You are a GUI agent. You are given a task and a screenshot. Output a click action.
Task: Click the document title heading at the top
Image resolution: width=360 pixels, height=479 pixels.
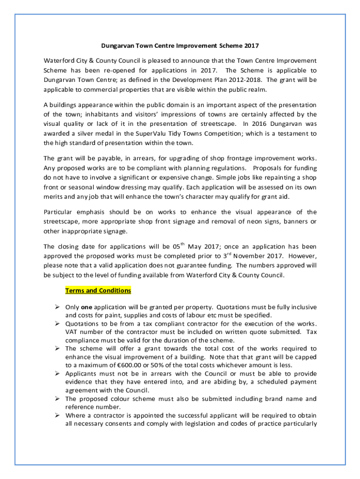180,46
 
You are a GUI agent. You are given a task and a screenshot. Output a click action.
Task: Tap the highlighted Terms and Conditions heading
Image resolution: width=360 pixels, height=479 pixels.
98,290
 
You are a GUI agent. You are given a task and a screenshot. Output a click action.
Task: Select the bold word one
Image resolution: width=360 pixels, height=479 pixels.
86,307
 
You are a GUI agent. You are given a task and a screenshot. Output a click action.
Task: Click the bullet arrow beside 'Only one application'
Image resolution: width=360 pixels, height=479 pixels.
57,307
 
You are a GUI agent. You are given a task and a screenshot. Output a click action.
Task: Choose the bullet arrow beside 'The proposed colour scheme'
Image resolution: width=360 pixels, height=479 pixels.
57,399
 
